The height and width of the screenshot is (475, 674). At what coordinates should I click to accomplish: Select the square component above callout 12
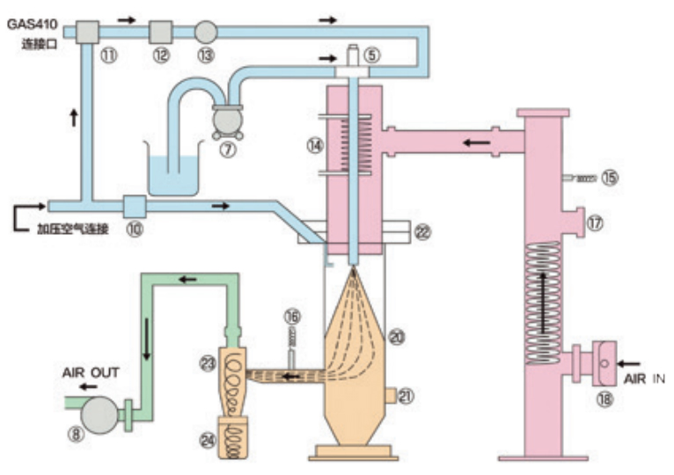(160, 32)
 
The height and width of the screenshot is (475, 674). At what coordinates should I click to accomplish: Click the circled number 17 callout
(596, 223)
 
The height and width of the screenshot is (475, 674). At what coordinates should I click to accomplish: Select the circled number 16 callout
(293, 315)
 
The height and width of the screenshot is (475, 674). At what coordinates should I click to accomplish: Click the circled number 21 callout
(406, 397)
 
